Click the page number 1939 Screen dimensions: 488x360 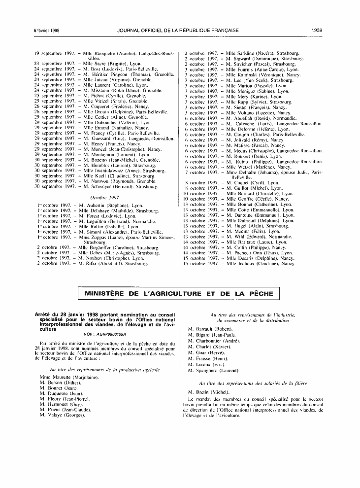317,30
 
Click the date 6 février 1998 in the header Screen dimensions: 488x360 46,30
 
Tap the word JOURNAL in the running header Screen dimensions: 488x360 130,30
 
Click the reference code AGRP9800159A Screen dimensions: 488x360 112,334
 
